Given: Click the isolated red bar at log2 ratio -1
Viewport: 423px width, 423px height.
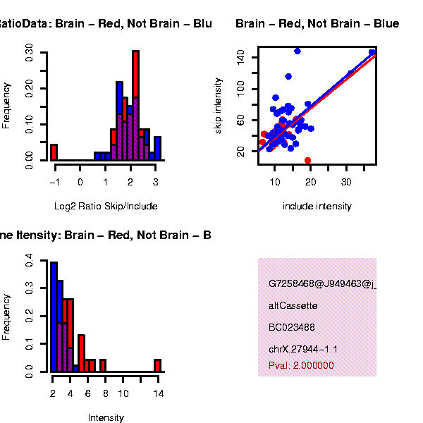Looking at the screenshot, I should (x=54, y=152).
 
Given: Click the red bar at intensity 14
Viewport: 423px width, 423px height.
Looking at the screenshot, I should (x=157, y=365).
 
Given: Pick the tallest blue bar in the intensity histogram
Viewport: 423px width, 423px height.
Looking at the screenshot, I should (x=54, y=317).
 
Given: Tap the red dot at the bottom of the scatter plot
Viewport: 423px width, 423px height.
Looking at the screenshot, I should (x=307, y=160).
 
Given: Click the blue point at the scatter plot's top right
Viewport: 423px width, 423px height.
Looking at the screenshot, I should (x=372, y=53).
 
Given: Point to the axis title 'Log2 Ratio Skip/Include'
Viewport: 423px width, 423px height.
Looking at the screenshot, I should (x=106, y=207).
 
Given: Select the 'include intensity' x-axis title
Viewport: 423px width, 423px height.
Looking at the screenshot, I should (x=317, y=207).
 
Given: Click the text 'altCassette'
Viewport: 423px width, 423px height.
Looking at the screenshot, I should (x=293, y=306).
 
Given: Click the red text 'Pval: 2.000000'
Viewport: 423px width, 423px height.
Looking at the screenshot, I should (x=301, y=366).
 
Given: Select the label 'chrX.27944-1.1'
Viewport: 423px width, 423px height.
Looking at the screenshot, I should (x=303, y=349).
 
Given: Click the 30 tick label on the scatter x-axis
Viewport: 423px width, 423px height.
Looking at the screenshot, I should (x=346, y=181).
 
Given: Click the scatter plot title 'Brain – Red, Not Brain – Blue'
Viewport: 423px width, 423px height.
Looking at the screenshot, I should (x=317, y=24).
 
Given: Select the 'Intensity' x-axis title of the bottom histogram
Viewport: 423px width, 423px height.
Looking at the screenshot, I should (x=106, y=417).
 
